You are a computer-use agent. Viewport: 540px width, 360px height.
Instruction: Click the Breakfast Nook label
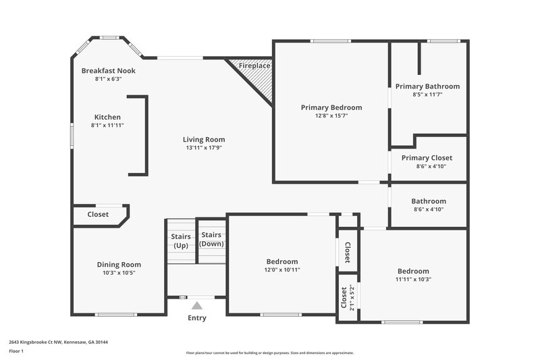(x=108, y=70)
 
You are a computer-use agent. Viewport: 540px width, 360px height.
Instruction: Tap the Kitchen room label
(x=107, y=117)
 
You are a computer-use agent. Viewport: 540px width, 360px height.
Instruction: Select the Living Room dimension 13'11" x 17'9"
(x=203, y=148)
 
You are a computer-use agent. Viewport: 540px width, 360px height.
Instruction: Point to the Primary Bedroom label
(x=331, y=107)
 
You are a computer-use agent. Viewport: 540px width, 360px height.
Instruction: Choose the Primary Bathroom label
(x=427, y=86)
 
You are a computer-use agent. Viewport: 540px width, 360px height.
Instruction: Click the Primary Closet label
(x=427, y=157)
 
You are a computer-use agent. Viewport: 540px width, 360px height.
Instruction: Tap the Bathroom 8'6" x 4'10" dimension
(x=429, y=209)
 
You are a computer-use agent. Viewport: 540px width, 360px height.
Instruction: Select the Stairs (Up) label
(x=180, y=241)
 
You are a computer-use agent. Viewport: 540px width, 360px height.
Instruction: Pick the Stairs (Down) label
(x=211, y=239)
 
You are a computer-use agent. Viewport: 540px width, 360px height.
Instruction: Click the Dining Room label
(x=119, y=265)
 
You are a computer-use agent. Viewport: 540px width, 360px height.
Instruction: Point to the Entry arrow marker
(x=196, y=305)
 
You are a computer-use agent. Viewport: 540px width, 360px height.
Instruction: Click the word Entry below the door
(x=196, y=318)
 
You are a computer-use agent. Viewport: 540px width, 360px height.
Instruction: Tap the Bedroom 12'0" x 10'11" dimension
(x=281, y=269)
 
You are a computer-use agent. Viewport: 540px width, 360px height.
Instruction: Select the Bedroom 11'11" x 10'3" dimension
(x=412, y=279)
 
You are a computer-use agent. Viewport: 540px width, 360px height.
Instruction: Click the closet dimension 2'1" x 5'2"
(x=351, y=297)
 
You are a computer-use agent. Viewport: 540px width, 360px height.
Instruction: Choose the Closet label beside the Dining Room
(x=98, y=215)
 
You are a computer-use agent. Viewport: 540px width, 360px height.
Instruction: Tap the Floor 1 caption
(x=16, y=352)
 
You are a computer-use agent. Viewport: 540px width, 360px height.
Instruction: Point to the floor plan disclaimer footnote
(x=269, y=353)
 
